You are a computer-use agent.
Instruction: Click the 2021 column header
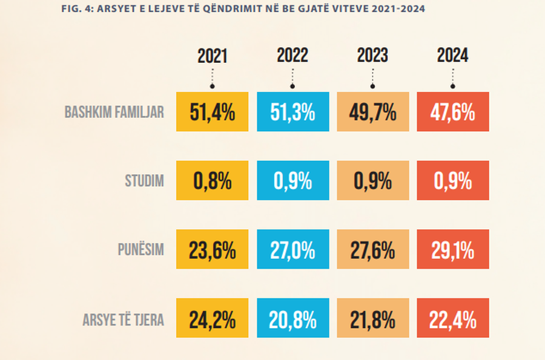pyautogui.click(x=212, y=56)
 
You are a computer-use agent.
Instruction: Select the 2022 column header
pyautogui.click(x=292, y=56)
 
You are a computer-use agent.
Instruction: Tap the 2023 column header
pyautogui.click(x=372, y=56)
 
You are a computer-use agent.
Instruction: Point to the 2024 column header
pyautogui.click(x=452, y=56)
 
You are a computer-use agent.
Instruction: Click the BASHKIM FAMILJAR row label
pyautogui.click(x=114, y=113)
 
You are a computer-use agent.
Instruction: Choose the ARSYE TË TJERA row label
pyautogui.click(x=123, y=319)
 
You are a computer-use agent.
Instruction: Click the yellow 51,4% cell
pyautogui.click(x=212, y=112)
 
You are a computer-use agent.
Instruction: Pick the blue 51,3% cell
pyautogui.click(x=292, y=112)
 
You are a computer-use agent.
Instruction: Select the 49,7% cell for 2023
pyautogui.click(x=372, y=112)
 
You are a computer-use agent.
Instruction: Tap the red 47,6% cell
pyautogui.click(x=452, y=112)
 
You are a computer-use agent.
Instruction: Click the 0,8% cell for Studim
pyautogui.click(x=212, y=181)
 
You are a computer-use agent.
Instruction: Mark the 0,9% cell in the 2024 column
pyautogui.click(x=452, y=181)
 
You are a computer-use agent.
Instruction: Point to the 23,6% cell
pyautogui.click(x=212, y=250)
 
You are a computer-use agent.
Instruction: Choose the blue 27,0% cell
pyautogui.click(x=292, y=250)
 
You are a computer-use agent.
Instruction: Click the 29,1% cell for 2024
pyautogui.click(x=452, y=250)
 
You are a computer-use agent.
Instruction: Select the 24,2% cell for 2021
pyautogui.click(x=212, y=319)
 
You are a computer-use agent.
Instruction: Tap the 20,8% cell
pyautogui.click(x=292, y=319)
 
